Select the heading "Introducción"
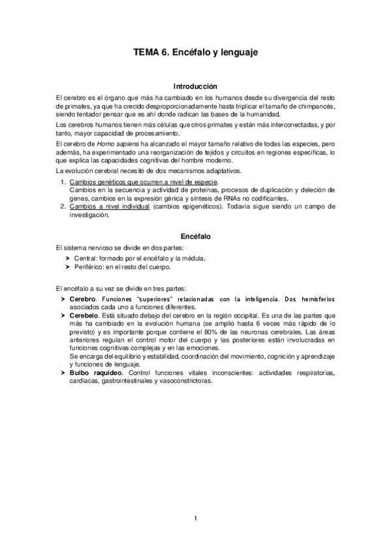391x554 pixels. pyautogui.click(x=195, y=86)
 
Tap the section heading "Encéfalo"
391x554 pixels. pyautogui.click(x=195, y=235)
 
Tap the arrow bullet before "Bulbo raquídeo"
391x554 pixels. pyautogui.click(x=62, y=372)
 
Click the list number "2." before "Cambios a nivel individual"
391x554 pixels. pyautogui.click(x=63, y=206)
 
